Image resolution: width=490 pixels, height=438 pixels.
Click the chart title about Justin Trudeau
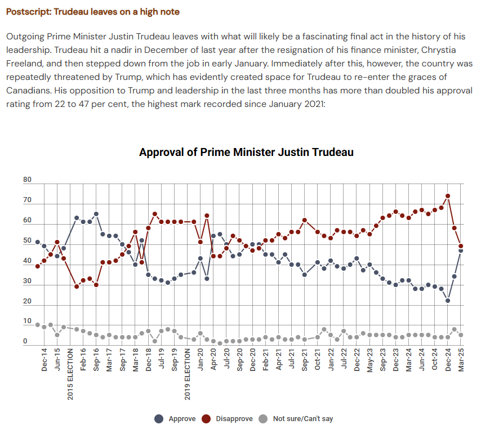pyautogui.click(x=246, y=152)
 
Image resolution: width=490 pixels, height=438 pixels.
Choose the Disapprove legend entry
pyautogui.click(x=228, y=418)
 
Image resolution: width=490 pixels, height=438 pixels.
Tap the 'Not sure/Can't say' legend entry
pyautogui.click(x=296, y=418)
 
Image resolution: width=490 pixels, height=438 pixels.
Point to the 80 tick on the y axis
pyautogui.click(x=28, y=180)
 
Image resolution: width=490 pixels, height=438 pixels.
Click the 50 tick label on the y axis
pyautogui.click(x=28, y=241)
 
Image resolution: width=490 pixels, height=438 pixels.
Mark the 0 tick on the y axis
pyautogui.click(x=25, y=341)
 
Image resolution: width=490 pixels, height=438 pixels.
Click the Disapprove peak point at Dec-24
pyautogui.click(x=448, y=196)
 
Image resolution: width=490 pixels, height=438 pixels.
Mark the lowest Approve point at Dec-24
pyautogui.click(x=448, y=301)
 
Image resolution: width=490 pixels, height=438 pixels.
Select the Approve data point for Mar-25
pyautogui.click(x=461, y=251)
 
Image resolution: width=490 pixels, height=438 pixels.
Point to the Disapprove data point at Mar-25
pyautogui.click(x=461, y=246)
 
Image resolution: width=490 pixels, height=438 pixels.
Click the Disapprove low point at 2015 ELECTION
pyautogui.click(x=77, y=287)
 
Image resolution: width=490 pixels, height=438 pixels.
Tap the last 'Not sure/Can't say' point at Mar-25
pyautogui.click(x=461, y=335)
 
